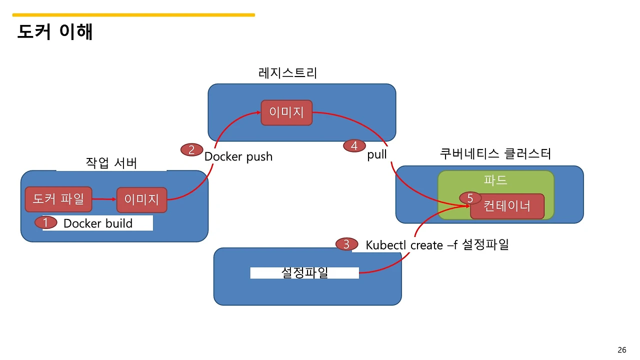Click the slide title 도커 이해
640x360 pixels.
[x=55, y=32]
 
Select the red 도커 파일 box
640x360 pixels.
[x=58, y=199]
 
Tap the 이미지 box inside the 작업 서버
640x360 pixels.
[x=141, y=200]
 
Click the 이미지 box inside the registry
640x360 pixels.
[x=286, y=112]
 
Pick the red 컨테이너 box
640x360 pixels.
[x=507, y=206]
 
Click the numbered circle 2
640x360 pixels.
[x=191, y=149]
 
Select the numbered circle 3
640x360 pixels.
[x=346, y=244]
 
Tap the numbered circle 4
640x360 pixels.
[x=354, y=146]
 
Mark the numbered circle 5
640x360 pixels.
[x=470, y=198]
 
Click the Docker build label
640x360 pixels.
[x=98, y=223]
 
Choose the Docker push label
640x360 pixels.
[x=238, y=156]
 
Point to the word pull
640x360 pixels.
[x=377, y=154]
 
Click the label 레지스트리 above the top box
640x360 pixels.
[x=288, y=73]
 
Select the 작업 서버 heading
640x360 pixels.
[x=111, y=163]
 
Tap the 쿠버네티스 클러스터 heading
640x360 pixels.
[x=495, y=153]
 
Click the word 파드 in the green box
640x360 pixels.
[x=495, y=180]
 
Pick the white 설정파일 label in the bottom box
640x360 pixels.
[x=304, y=272]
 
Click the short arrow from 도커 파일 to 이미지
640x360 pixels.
[x=104, y=199]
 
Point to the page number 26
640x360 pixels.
[x=622, y=350]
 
